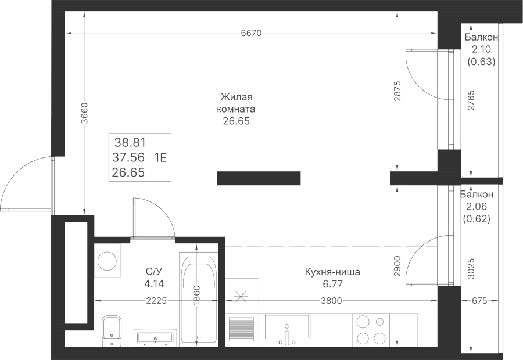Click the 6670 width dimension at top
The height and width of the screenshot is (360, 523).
[250, 34]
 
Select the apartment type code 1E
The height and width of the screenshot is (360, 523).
[160, 157]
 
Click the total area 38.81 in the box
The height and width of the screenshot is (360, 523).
[129, 142]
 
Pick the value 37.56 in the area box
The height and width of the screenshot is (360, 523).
[129, 157]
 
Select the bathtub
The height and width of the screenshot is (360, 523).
[198, 299]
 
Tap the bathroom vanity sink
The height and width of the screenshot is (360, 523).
[154, 337]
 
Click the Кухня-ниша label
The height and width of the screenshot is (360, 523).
[332, 272]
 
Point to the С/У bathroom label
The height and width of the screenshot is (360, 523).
[153, 272]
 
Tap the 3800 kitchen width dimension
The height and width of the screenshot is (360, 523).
[330, 300]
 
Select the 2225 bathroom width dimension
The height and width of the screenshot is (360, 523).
[156, 300]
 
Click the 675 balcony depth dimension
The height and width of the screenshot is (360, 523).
[479, 300]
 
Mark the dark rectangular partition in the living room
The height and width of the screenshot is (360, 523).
[258, 178]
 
